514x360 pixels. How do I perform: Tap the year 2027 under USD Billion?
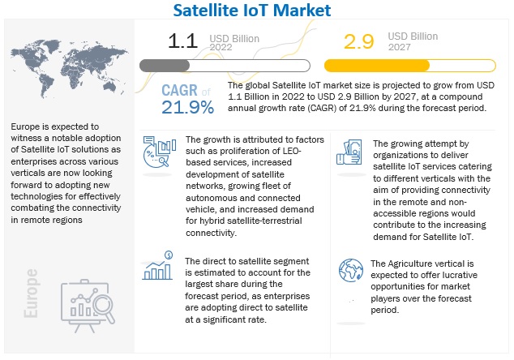click(x=402, y=47)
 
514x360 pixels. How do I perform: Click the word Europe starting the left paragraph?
click(x=28, y=127)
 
